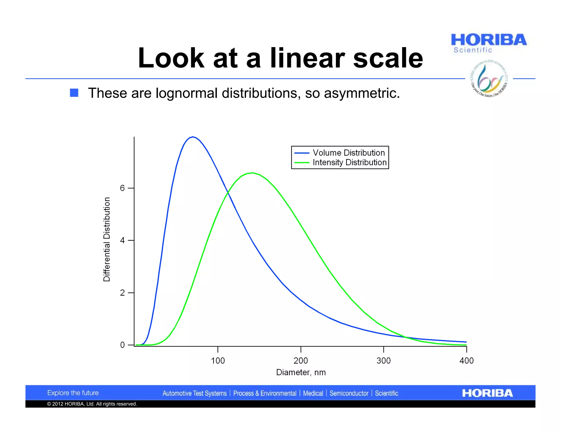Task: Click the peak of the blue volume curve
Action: [193, 137]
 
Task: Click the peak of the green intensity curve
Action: [253, 173]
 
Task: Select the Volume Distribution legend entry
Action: [348, 153]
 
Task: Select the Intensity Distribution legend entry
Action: [349, 163]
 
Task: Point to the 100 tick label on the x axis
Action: [218, 361]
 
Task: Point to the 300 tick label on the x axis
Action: [383, 361]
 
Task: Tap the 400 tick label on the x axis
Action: [466, 361]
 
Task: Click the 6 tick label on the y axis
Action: [122, 188]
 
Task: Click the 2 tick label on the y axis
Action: [122, 293]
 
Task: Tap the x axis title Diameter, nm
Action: [301, 373]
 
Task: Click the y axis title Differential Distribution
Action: [107, 239]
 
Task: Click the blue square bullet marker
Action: [74, 93]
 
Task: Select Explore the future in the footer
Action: [73, 393]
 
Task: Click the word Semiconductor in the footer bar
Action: [349, 394]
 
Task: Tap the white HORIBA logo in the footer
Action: [487, 393]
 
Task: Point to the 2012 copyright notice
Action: [92, 404]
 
